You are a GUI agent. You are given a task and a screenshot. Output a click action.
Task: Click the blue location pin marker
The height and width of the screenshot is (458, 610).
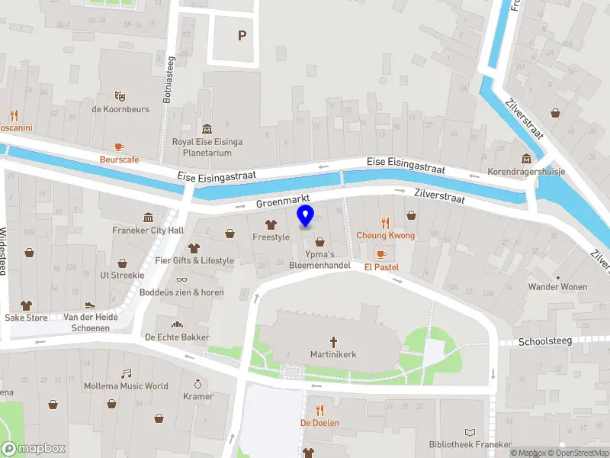tap(305, 216)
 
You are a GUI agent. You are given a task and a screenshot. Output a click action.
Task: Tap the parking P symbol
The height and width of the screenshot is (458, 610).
tap(242, 35)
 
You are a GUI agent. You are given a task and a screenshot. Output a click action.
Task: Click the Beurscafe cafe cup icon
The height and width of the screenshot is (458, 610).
tap(119, 147)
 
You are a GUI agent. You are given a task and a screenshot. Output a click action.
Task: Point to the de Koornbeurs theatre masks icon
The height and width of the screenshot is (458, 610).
tap(120, 96)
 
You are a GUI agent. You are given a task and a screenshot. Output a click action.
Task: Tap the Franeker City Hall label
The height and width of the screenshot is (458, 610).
tap(148, 230)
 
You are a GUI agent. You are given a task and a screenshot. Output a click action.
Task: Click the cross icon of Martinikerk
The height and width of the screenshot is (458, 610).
tap(333, 342)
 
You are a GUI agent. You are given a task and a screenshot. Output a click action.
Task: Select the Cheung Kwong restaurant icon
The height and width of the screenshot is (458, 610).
tap(385, 223)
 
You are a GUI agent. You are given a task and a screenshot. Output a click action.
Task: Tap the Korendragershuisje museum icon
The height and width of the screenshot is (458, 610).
tap(526, 159)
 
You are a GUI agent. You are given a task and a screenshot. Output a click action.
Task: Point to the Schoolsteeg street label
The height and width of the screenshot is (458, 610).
tap(544, 342)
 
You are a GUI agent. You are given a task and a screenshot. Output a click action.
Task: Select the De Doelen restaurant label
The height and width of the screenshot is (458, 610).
tap(319, 422)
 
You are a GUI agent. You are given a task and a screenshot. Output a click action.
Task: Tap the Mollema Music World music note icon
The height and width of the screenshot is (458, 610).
tap(127, 373)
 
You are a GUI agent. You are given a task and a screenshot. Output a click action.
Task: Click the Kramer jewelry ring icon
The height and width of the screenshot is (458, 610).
tap(198, 384)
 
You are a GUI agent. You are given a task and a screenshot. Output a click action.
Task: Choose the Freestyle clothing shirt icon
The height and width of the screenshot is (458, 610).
tap(271, 224)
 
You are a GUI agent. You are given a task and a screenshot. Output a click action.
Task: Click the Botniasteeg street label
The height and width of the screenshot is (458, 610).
tap(170, 84)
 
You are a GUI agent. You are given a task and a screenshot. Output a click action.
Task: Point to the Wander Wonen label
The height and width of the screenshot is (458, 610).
tap(558, 287)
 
